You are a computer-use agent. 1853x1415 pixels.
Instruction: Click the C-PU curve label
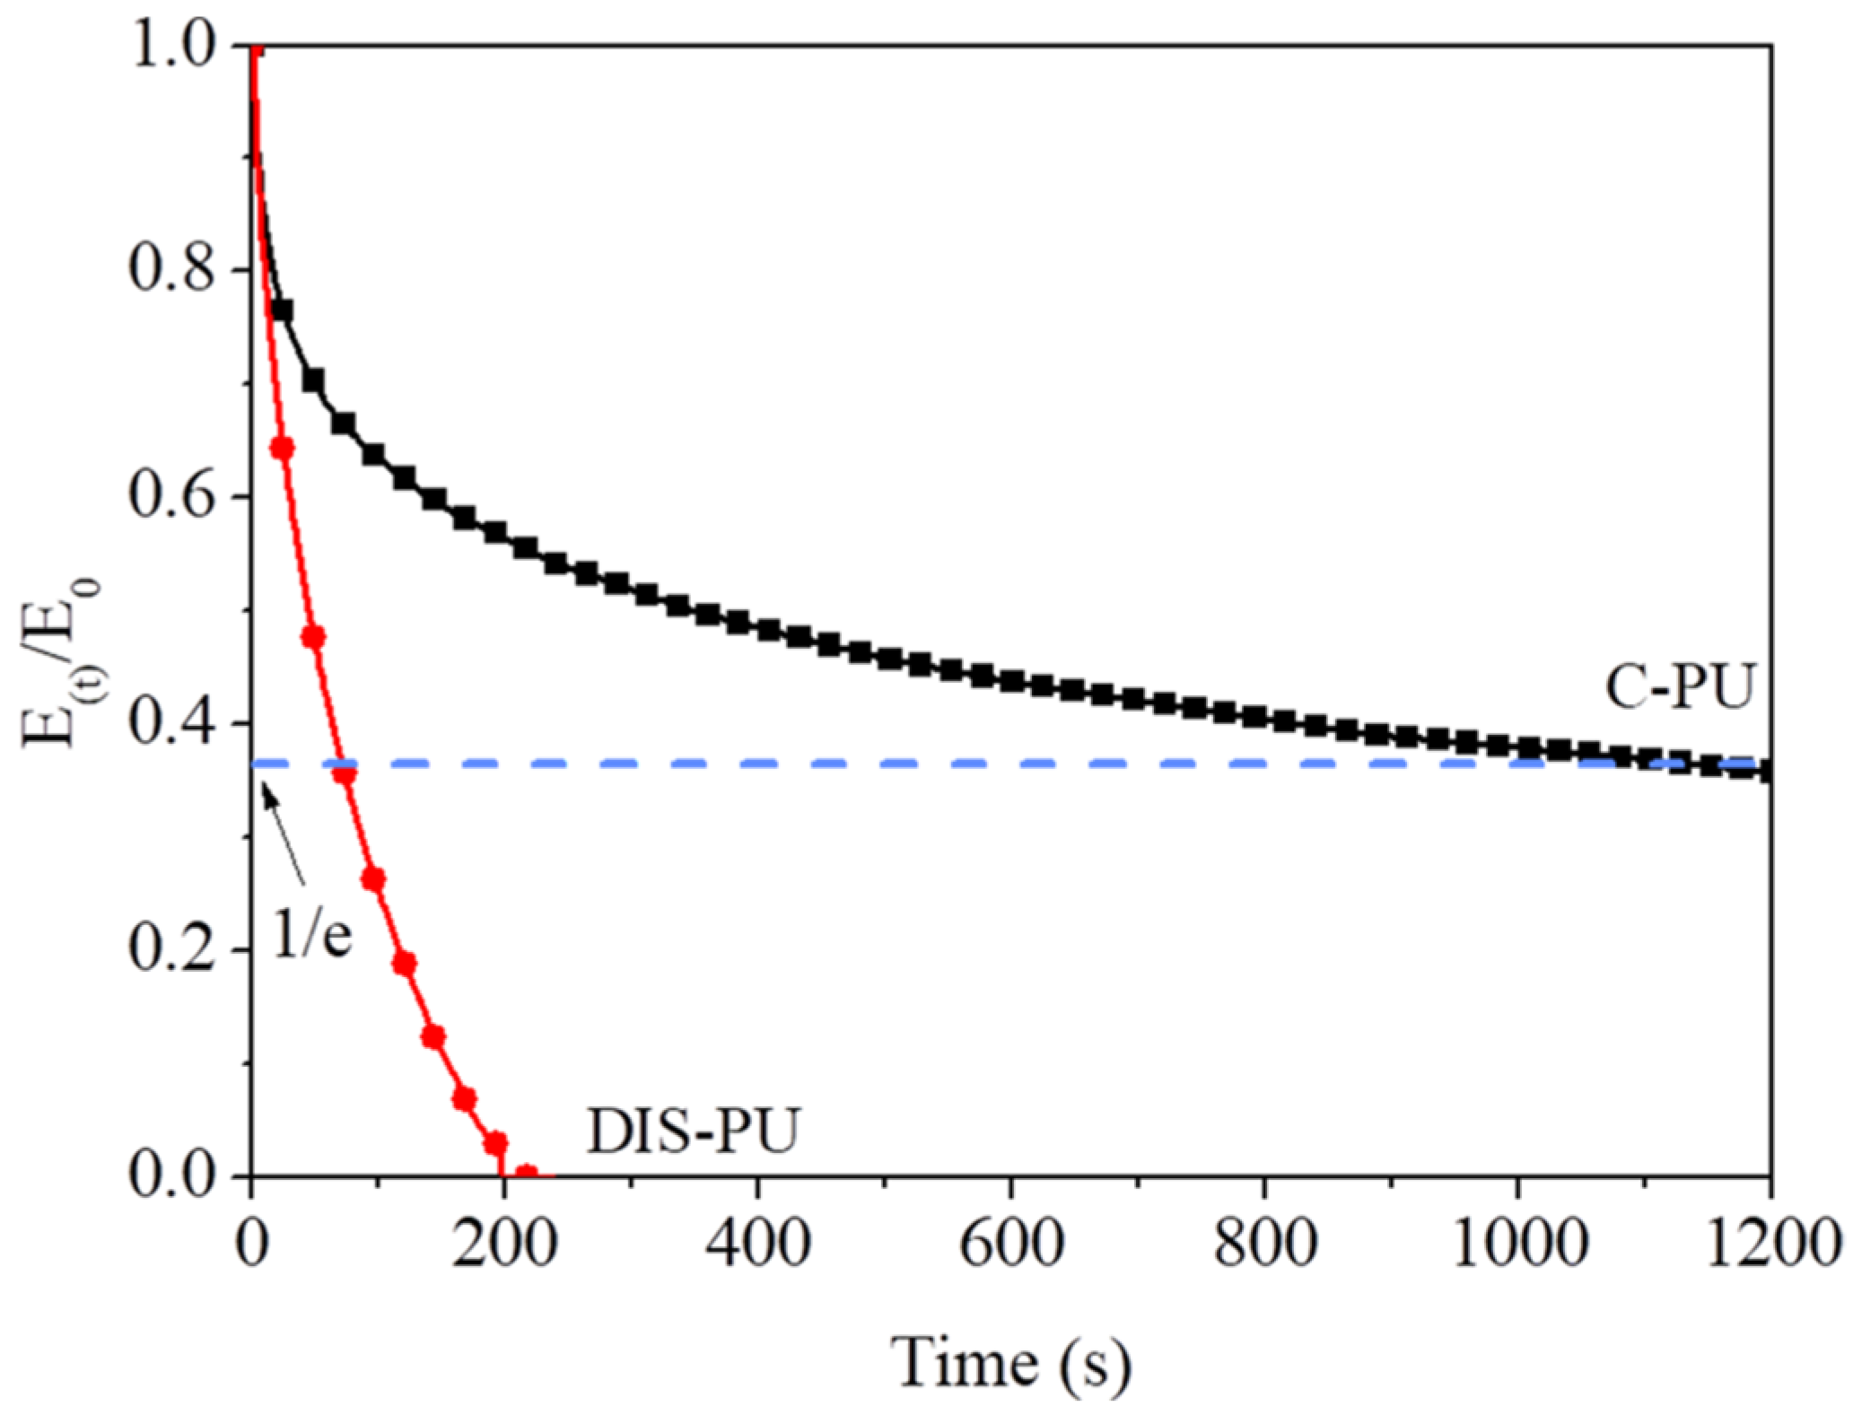point(1679,689)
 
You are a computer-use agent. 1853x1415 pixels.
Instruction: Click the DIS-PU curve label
point(692,1131)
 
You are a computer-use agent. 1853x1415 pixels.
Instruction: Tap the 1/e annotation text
point(311,937)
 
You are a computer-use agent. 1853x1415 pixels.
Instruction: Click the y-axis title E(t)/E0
point(61,662)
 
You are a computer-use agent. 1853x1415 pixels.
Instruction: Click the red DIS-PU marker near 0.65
point(283,447)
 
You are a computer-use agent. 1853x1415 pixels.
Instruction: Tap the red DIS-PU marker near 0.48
point(313,637)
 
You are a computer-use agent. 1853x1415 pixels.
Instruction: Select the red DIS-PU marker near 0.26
point(373,879)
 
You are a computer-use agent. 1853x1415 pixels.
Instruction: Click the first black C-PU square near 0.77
point(282,310)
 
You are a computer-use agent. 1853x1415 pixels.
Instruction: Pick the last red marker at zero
point(527,1173)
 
